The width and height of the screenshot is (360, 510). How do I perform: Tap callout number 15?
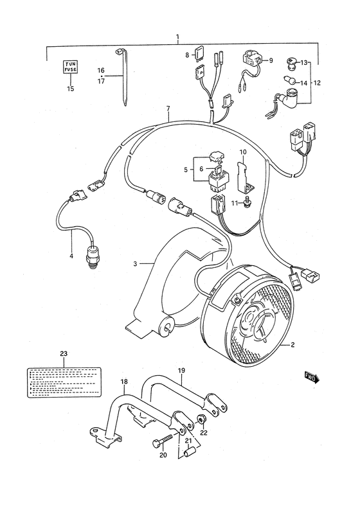tap(70, 88)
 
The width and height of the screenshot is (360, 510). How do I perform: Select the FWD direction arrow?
tap(312, 378)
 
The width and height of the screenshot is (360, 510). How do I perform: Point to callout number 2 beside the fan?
tap(292, 346)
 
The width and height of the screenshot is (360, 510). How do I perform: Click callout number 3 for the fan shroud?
tap(136, 264)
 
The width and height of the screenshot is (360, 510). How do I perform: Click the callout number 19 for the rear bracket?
tap(181, 371)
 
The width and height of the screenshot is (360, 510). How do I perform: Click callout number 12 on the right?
tap(316, 84)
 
